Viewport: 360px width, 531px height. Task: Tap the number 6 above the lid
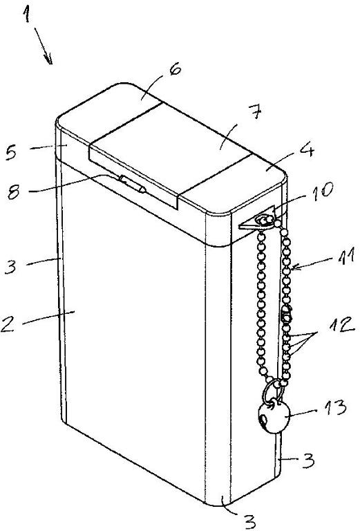[175, 70]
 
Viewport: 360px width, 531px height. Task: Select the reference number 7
[256, 112]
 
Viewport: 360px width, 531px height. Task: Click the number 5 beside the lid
[12, 152]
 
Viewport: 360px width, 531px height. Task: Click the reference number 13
[334, 408]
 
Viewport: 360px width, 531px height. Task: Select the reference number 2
[9, 324]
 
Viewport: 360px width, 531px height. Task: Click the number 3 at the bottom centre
[249, 522]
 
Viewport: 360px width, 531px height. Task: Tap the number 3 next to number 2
[10, 266]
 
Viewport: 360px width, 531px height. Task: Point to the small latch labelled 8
[132, 184]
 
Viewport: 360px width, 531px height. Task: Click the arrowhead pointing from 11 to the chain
[295, 268]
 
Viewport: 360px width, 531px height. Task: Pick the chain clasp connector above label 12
[286, 313]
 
